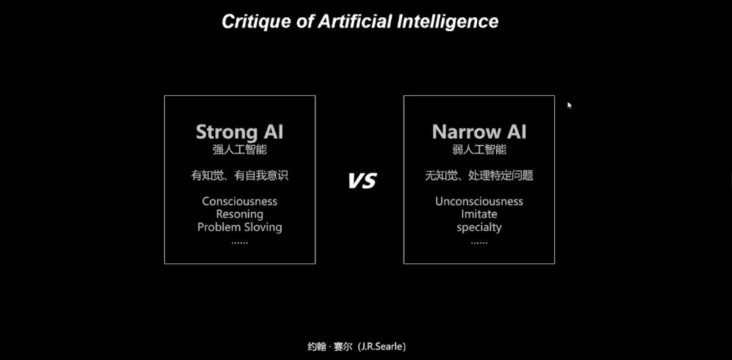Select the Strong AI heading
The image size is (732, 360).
[x=239, y=132]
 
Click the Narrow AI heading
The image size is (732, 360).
[x=479, y=132]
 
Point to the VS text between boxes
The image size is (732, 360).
[x=362, y=180]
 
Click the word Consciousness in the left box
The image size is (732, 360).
[x=239, y=201]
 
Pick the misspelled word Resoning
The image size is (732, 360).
[x=239, y=214]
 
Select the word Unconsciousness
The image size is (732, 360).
[x=479, y=201]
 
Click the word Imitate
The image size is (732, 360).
[x=479, y=214]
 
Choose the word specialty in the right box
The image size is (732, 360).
[x=479, y=228]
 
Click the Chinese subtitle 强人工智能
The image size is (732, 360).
[x=239, y=150]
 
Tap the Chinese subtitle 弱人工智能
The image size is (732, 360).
[x=479, y=150]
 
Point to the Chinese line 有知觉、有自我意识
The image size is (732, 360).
[x=239, y=176]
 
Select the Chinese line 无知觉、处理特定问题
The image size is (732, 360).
[x=479, y=176]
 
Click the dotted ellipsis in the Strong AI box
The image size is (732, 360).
[x=239, y=243]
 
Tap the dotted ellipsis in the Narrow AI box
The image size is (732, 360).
[x=479, y=243]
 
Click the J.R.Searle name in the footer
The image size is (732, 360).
[x=383, y=346]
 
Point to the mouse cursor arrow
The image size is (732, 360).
[x=569, y=105]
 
